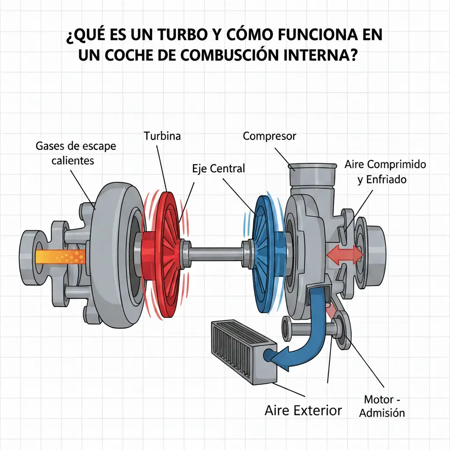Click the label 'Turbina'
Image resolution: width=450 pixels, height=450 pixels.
pos(162,136)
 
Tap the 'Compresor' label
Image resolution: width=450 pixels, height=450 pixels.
pos(269,136)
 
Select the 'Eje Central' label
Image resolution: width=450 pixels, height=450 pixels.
pos(218,168)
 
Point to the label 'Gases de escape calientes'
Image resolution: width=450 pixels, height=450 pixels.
pos(76,153)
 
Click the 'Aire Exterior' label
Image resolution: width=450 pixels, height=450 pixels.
pos(303,410)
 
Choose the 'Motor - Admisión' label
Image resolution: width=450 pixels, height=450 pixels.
pos(382,406)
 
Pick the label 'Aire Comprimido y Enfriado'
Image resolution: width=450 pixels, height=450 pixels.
pos(385,172)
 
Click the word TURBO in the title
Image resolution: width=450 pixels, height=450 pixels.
pos(182,35)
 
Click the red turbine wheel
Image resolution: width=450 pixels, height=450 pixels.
pos(168,254)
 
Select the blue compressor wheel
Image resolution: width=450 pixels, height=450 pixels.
pos(268,254)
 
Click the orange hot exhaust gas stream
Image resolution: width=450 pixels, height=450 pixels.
pos(61,256)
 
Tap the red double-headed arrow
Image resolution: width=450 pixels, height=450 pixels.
pos(345,254)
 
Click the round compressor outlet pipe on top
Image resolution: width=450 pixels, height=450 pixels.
pos(312,176)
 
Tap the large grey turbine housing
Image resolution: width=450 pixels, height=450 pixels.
pos(118,255)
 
